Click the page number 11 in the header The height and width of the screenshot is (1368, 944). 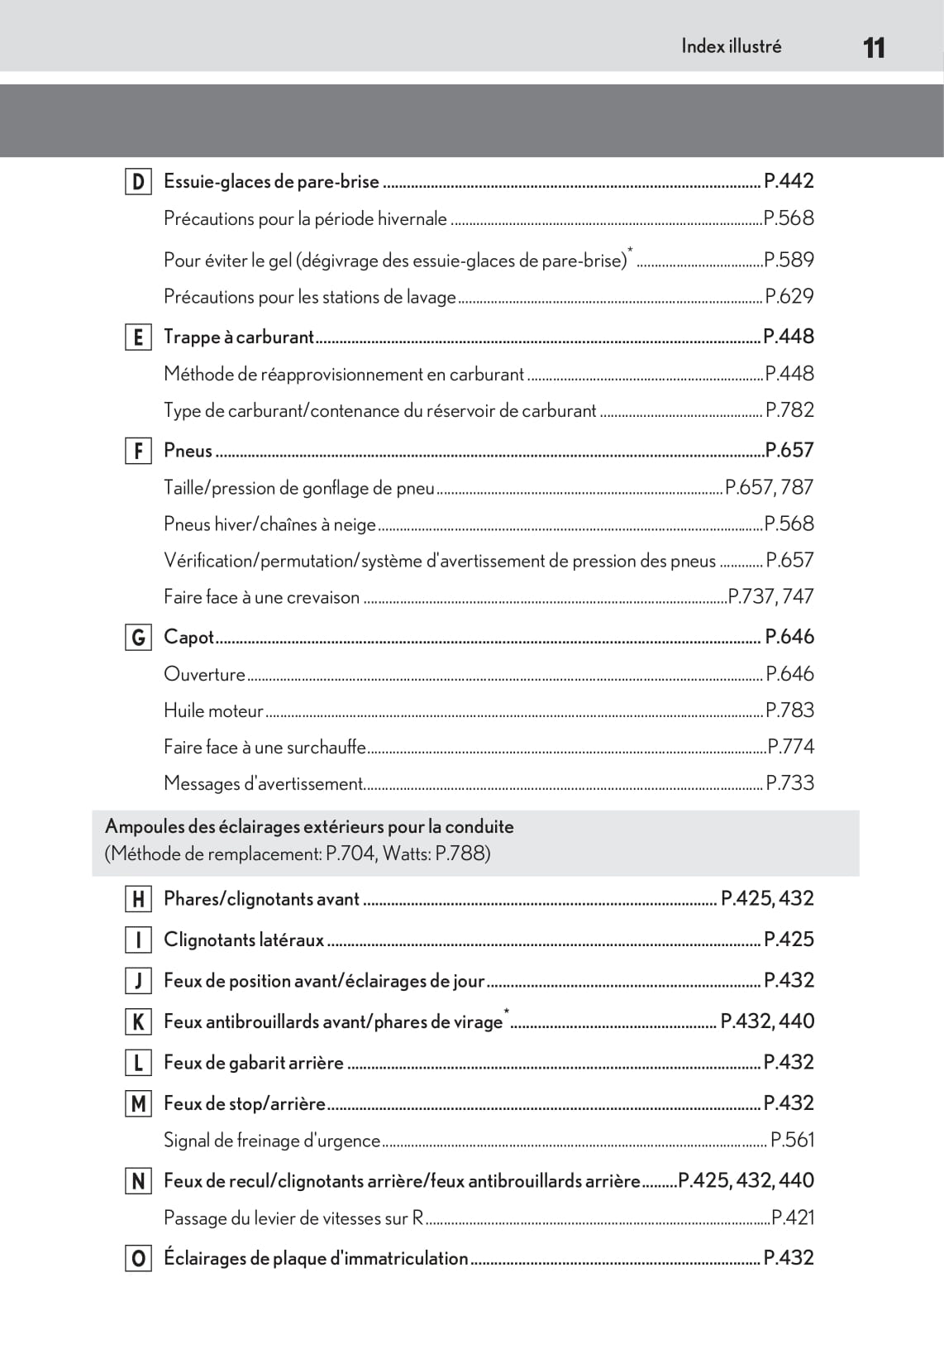point(874,47)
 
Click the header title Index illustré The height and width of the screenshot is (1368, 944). point(731,46)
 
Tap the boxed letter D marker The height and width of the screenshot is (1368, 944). point(138,182)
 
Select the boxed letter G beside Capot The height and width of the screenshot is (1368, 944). point(138,638)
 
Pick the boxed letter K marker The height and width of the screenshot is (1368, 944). point(138,1022)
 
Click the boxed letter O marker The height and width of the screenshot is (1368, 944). point(138,1259)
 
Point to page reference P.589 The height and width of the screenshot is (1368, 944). point(789,260)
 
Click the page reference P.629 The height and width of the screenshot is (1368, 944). point(789,296)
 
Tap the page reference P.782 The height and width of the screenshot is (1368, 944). point(789,410)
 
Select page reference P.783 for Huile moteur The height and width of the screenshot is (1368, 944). point(789,710)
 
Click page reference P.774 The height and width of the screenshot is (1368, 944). point(791,747)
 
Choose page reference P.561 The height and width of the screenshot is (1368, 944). point(792,1140)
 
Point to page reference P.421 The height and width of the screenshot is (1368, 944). point(793,1217)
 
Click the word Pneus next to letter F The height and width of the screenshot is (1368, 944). point(188,451)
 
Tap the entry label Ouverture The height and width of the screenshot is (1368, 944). point(204,674)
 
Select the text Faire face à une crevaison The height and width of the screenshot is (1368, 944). point(261,597)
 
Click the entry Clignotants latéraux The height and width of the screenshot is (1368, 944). point(244,940)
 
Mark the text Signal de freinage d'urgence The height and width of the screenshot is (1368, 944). point(272,1141)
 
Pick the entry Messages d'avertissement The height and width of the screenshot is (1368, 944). point(263,783)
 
